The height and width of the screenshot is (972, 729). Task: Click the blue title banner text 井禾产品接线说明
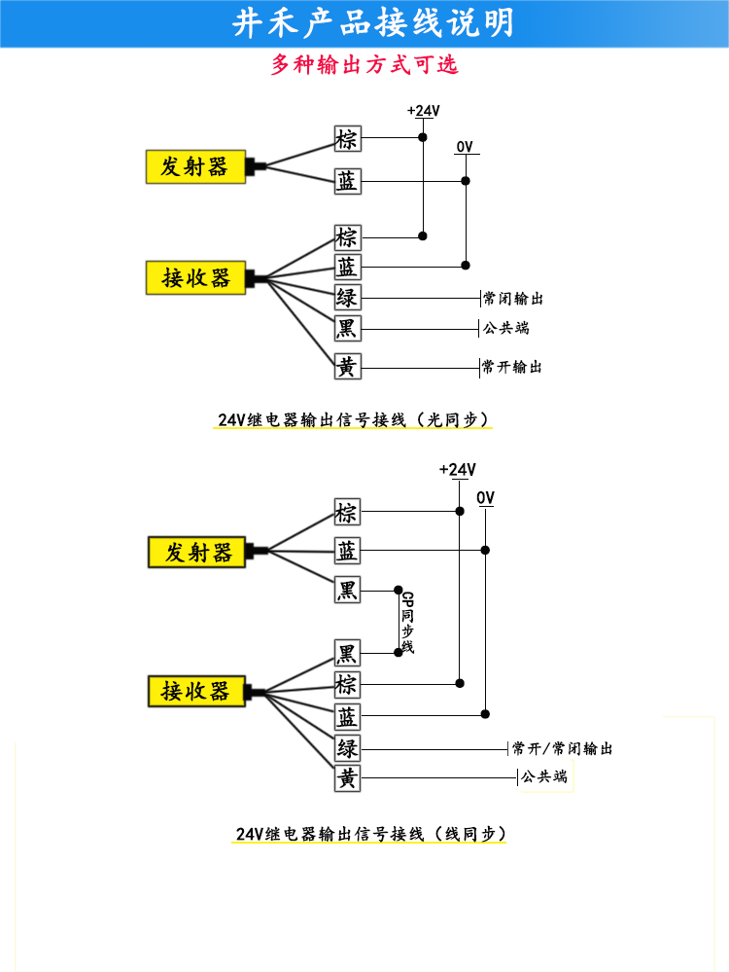[x=373, y=23]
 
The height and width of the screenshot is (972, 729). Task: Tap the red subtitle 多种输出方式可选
[x=364, y=64]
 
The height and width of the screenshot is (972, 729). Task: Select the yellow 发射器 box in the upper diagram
[x=195, y=166]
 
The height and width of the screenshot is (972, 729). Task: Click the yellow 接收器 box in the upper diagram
[x=195, y=277]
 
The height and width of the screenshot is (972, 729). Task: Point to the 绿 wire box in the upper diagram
[x=347, y=298]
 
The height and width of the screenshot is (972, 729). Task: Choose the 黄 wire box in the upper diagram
[x=347, y=367]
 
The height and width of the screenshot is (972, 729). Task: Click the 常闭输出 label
[x=513, y=299]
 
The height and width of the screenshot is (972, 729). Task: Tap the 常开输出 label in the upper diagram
[x=512, y=367]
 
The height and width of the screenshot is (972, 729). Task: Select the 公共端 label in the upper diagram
[x=506, y=328]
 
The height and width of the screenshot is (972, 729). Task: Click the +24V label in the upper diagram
[x=424, y=111]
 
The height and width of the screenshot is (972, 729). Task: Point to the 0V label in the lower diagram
[x=486, y=498]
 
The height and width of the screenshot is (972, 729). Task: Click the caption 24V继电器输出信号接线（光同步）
[x=353, y=419]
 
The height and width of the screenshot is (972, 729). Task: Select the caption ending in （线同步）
[x=370, y=834]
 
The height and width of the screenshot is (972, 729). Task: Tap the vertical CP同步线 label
[x=407, y=622]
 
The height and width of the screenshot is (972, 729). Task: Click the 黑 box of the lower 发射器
[x=347, y=590]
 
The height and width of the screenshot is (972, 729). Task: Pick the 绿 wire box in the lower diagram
[x=347, y=748]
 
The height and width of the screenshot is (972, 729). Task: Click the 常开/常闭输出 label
[x=563, y=749]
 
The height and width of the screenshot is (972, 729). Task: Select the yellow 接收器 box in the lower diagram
[x=197, y=691]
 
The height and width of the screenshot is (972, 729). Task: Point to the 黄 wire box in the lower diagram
[x=347, y=778]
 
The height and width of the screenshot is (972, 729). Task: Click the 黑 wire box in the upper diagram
[x=347, y=329]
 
